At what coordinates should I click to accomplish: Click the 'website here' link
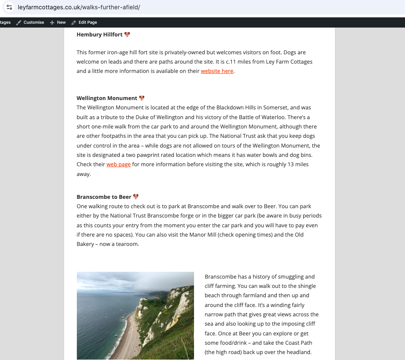(x=217, y=71)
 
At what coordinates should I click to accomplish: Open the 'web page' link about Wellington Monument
(x=118, y=165)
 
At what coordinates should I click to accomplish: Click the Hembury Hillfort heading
(x=100, y=35)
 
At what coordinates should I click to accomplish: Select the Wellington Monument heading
(x=107, y=98)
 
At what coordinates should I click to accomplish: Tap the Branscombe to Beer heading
(x=104, y=197)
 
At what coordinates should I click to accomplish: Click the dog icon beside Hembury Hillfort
(x=127, y=34)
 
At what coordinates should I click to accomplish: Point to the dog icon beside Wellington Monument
(x=142, y=98)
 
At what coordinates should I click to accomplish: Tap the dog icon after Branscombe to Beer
(x=136, y=197)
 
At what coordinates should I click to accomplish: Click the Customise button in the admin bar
(x=34, y=22)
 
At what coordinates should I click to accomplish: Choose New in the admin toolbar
(x=61, y=22)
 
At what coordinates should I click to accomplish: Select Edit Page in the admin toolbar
(x=87, y=22)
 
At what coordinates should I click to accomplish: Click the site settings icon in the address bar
(x=9, y=7)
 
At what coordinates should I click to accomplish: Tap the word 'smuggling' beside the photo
(x=290, y=276)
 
